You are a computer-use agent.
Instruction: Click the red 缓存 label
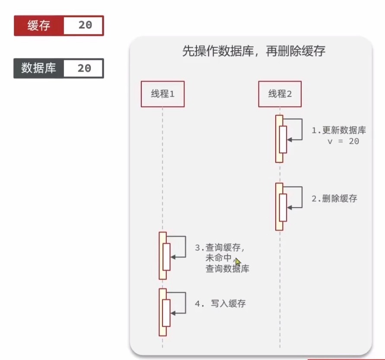39,25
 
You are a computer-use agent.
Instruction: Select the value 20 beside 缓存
85,25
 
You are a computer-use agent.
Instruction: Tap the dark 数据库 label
39,68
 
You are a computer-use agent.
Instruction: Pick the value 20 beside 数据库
84,68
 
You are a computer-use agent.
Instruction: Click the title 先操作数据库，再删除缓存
254,52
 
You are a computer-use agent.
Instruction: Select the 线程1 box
162,94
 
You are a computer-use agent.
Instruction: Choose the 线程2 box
280,94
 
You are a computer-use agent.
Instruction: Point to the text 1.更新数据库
339,131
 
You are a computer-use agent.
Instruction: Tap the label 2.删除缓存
334,199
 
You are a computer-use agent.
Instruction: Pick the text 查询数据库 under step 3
227,268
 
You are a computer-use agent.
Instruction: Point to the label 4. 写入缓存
220,303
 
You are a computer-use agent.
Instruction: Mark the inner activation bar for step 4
166,313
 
